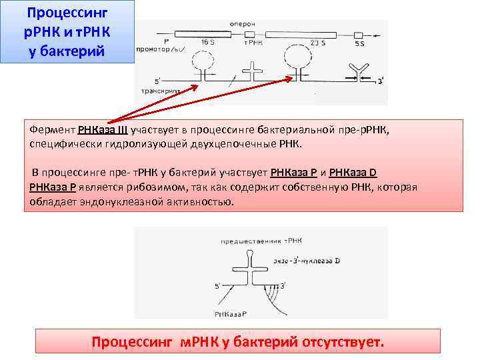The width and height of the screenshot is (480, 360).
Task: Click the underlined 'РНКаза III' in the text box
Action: click(103, 131)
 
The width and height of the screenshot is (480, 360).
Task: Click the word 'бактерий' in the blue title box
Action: click(74, 51)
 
